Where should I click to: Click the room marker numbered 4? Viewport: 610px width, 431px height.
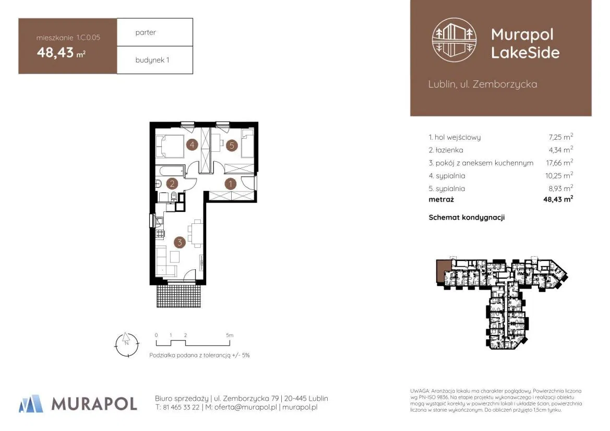click(x=192, y=145)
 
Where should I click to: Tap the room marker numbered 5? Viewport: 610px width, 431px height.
click(x=232, y=146)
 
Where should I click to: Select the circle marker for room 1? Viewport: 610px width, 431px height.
click(x=230, y=184)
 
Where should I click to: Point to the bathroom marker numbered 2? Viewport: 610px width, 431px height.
click(x=172, y=184)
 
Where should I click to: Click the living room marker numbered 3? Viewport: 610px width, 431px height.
click(x=180, y=242)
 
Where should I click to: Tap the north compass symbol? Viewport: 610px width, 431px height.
click(x=127, y=344)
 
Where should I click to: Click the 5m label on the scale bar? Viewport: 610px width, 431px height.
click(x=230, y=335)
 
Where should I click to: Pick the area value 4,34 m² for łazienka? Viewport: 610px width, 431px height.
click(x=560, y=150)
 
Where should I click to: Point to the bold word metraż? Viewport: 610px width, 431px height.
click(x=441, y=199)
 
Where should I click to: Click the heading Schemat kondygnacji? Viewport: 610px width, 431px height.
click(x=467, y=218)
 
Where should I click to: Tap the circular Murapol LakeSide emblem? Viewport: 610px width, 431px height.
click(x=454, y=40)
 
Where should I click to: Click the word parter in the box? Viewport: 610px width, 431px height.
click(x=146, y=33)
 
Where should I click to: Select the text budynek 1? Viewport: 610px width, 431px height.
click(x=152, y=60)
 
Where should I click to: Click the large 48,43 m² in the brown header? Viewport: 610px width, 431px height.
click(x=61, y=52)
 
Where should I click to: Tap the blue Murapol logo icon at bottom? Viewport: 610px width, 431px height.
click(x=31, y=403)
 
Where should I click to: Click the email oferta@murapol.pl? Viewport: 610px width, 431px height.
click(x=245, y=408)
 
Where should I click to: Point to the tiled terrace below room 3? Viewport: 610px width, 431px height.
click(x=179, y=296)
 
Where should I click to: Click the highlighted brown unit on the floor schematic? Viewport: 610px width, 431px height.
click(x=442, y=269)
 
